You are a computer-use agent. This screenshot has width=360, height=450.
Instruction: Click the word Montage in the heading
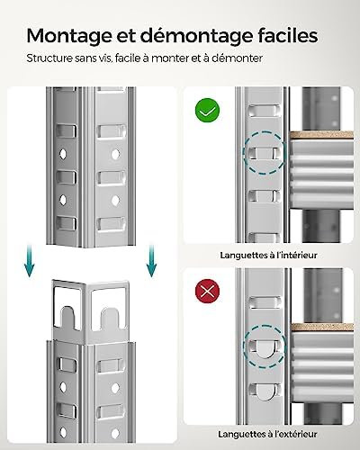[x=70, y=37]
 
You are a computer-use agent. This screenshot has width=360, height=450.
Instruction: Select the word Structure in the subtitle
[x=50, y=59]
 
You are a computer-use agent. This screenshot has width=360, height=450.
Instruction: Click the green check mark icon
[x=209, y=112]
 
